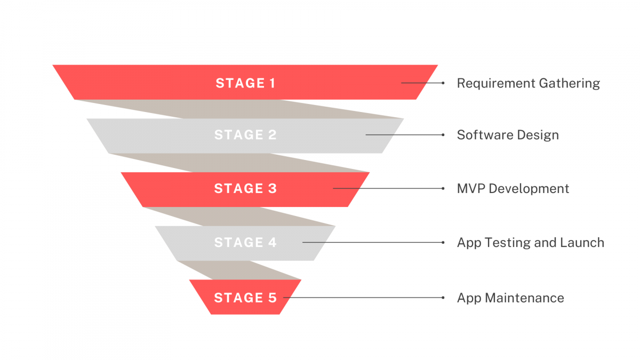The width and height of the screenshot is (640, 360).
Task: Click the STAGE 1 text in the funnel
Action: [x=245, y=83]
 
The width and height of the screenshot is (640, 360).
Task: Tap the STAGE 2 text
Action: [x=245, y=135]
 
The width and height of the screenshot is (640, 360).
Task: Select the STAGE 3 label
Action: [x=245, y=189]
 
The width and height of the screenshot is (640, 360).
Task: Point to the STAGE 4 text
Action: [x=245, y=243]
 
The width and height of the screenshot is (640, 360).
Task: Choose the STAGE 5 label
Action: [x=245, y=298]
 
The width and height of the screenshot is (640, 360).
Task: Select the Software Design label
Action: [x=508, y=135]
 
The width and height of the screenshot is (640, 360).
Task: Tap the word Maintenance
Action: [x=524, y=298]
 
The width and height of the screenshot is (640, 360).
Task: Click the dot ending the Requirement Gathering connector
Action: [x=443, y=83]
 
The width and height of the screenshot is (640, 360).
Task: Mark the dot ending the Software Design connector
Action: [x=443, y=135]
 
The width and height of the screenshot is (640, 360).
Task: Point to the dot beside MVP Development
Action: [x=443, y=188]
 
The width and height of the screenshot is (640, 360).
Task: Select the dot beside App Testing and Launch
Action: [x=443, y=242]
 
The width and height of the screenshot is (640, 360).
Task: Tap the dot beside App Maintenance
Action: [x=443, y=297]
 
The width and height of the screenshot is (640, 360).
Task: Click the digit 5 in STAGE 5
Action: [x=273, y=298]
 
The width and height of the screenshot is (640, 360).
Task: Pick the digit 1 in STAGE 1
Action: [x=271, y=83]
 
